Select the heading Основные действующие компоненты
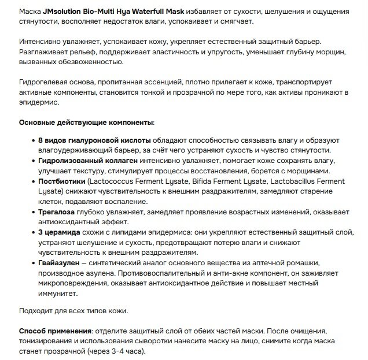click(86, 123)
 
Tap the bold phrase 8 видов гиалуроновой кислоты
click(94, 140)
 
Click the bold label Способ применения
click(56, 332)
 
